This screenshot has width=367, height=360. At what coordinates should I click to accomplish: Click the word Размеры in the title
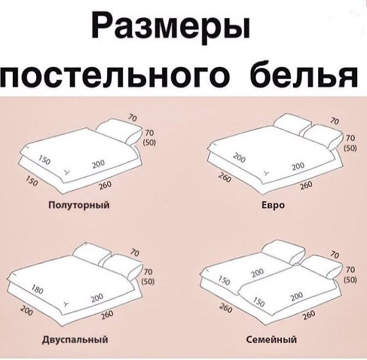171,27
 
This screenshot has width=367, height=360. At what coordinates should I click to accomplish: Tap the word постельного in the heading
115,75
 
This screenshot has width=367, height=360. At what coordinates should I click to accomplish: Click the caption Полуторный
79,205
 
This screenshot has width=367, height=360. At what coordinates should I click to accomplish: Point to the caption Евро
273,205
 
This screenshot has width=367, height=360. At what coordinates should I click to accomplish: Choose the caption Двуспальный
75,339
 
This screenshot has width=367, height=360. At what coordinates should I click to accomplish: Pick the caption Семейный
272,339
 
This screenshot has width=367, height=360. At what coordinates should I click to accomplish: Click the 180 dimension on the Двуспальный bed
37,289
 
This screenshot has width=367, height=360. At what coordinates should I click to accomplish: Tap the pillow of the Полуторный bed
119,131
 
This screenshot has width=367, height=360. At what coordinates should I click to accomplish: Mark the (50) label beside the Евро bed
350,148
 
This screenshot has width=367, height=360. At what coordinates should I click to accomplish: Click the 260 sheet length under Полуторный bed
105,186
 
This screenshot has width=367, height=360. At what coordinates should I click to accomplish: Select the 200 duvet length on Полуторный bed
98,164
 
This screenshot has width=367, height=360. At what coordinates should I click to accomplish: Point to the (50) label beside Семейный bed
350,280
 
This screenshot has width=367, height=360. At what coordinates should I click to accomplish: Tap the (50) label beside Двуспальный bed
148,282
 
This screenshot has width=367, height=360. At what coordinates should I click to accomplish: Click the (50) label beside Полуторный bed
149,143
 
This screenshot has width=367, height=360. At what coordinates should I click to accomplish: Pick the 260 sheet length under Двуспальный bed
107,315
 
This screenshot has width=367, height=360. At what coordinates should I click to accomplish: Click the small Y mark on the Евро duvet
267,173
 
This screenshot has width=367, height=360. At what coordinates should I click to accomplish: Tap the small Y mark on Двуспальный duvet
67,304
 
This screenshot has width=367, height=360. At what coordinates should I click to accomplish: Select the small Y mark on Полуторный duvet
67,172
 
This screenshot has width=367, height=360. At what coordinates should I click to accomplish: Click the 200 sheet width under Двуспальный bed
26,310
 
